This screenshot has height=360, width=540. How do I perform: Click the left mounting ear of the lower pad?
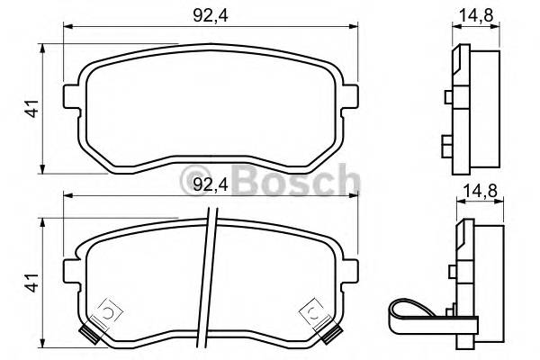point(70,268)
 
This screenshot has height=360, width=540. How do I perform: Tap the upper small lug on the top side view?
point(450,97)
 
